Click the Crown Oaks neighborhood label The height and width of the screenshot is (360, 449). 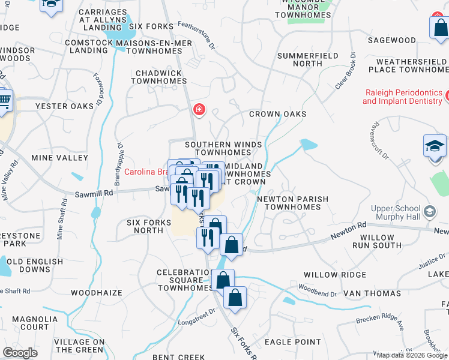click(x=277, y=114)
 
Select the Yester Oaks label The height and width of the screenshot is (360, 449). click(x=65, y=106)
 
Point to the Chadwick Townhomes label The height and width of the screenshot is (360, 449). click(x=158, y=77)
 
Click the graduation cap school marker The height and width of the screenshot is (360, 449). click(x=435, y=146)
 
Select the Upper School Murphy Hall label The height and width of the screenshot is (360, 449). click(x=396, y=212)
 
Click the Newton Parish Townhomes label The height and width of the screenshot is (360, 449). click(x=292, y=203)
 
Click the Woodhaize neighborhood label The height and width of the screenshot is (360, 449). click(x=96, y=293)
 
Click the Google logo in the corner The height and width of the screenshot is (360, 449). click(x=20, y=353)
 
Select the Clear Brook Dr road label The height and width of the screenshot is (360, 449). click(x=345, y=74)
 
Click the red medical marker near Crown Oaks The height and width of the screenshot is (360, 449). click(x=199, y=110)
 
